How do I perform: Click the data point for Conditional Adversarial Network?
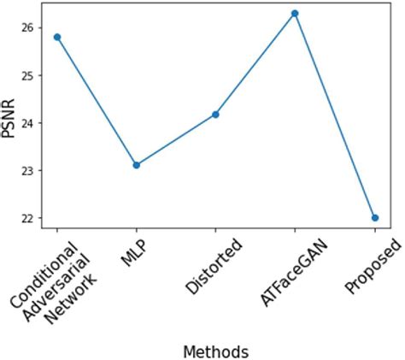[x=57, y=37]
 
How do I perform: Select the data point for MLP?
[x=137, y=165]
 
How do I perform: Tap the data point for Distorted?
[x=215, y=114]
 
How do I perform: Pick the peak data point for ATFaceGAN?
[x=295, y=14]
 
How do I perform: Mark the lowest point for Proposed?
[x=374, y=218]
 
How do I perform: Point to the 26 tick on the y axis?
[x=26, y=27]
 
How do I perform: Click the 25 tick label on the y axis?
[x=26, y=75]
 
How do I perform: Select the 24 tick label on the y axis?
[x=26, y=123]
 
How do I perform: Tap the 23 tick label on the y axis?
[x=26, y=170]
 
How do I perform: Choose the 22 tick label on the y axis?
[x=26, y=218]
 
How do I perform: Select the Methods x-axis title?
[x=215, y=351]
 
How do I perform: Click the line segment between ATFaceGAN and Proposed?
[x=335, y=116]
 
